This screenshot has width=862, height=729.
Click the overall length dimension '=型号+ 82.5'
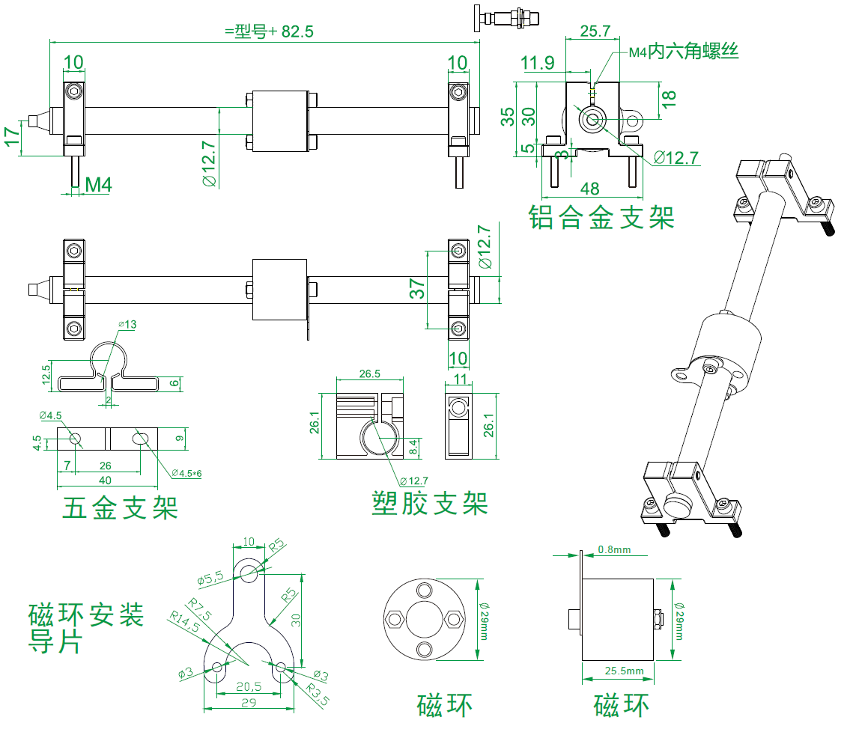tap(268, 31)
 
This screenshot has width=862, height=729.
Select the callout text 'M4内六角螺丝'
tap(683, 52)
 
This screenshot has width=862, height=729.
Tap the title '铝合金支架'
tap(601, 218)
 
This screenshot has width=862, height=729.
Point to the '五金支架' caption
tap(121, 508)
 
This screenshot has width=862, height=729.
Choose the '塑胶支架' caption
tap(429, 503)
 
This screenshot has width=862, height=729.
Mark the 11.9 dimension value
tap(538, 64)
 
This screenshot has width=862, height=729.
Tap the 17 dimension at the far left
tap(11, 137)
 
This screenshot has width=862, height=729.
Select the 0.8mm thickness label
tap(614, 550)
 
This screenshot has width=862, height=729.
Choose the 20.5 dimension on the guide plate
tap(248, 686)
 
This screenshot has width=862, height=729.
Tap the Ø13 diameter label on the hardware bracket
tap(127, 324)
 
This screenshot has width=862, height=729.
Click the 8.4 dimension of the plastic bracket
tap(413, 448)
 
